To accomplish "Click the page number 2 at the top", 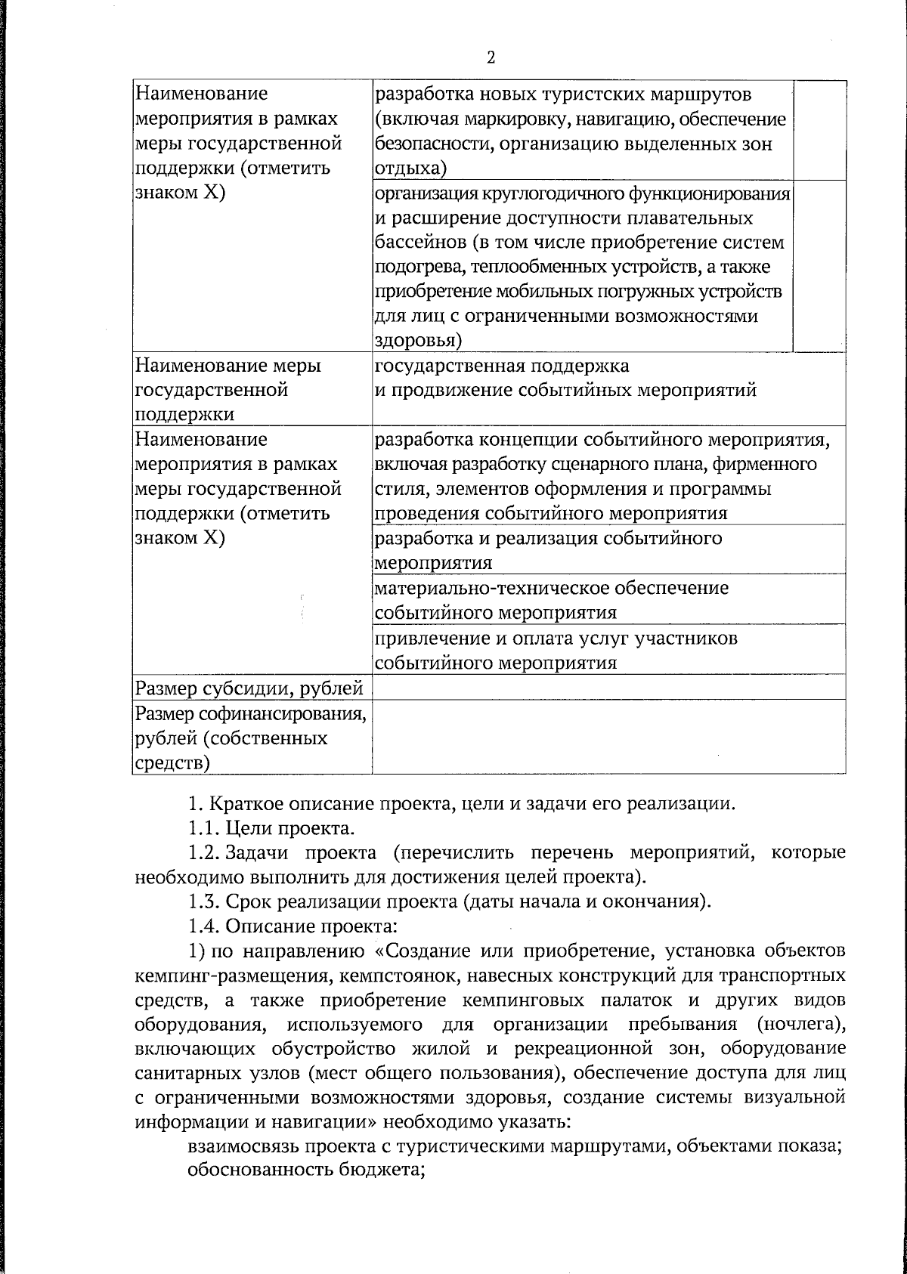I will pyautogui.click(x=491, y=58).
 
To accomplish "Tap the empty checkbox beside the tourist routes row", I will pyautogui.click(x=819, y=130).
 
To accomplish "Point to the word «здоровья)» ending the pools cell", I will pyautogui.click(x=419, y=341).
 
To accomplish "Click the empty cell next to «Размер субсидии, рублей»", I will pyautogui.click(x=608, y=688).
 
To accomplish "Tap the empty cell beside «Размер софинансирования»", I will pyautogui.click(x=608, y=737).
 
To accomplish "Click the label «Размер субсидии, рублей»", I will pyautogui.click(x=249, y=688).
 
